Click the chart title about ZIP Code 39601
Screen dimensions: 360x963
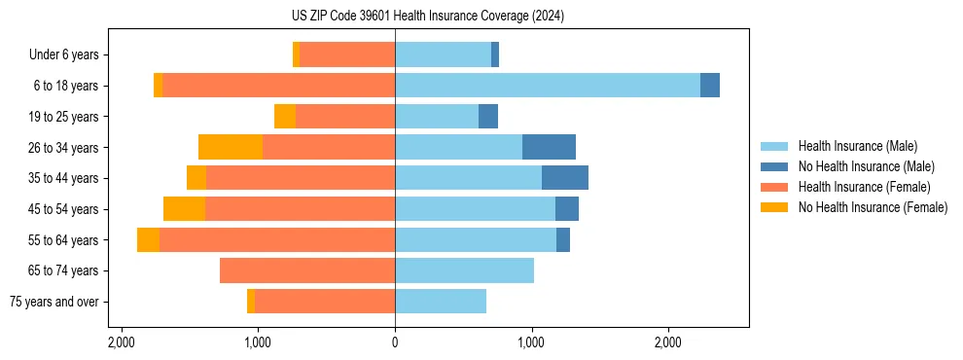click(427, 17)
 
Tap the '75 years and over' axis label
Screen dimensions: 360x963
click(53, 302)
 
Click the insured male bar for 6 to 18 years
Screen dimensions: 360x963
click(547, 86)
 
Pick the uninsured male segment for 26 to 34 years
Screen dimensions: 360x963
click(549, 147)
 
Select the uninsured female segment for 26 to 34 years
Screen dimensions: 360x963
click(231, 147)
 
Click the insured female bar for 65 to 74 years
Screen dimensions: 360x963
click(307, 270)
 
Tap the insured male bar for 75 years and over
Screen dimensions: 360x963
click(441, 302)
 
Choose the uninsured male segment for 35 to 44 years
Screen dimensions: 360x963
click(565, 178)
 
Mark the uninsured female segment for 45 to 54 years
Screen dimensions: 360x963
click(184, 209)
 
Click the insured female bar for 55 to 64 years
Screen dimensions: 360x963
click(277, 240)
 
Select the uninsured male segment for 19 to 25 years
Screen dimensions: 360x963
click(488, 117)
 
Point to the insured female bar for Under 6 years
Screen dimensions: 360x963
click(347, 55)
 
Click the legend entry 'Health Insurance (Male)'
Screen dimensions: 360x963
click(857, 146)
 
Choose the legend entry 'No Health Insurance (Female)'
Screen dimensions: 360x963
click(873, 207)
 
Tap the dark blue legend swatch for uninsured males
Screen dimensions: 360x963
click(774, 166)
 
